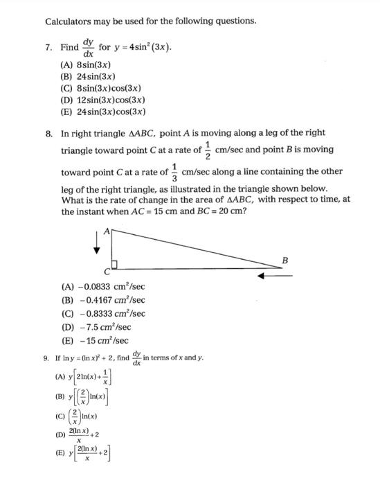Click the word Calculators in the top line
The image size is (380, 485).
[x=69, y=21]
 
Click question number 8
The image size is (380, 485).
[x=48, y=132]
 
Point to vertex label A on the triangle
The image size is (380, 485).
[x=106, y=233]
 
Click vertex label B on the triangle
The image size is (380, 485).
[x=284, y=260]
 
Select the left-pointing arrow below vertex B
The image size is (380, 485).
[x=274, y=276]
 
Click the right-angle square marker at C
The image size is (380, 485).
[x=116, y=263]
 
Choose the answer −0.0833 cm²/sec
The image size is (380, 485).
[x=103, y=286]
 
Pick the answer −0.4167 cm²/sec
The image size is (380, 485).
[x=103, y=299]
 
